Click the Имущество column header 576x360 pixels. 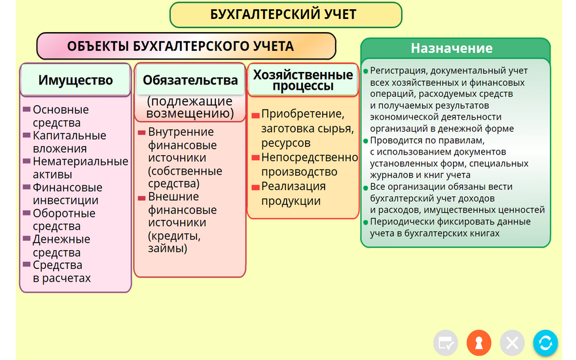(76, 80)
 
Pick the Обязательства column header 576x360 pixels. (190, 80)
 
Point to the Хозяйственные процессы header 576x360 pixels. (303, 80)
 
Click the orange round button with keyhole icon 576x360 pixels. (478, 343)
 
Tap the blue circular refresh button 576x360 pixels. (545, 343)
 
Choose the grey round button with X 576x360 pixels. (512, 343)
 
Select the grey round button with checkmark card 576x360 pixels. (446, 343)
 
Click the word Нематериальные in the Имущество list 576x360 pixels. (81, 161)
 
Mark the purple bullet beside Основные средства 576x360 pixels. (26, 109)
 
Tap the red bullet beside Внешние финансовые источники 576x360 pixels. (142, 198)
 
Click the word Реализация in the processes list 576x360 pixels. (293, 187)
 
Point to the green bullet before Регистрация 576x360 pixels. (365, 71)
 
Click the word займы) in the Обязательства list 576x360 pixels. (168, 248)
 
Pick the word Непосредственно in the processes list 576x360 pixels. (310, 157)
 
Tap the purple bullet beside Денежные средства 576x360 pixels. (26, 238)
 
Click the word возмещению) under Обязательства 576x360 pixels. (190, 113)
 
